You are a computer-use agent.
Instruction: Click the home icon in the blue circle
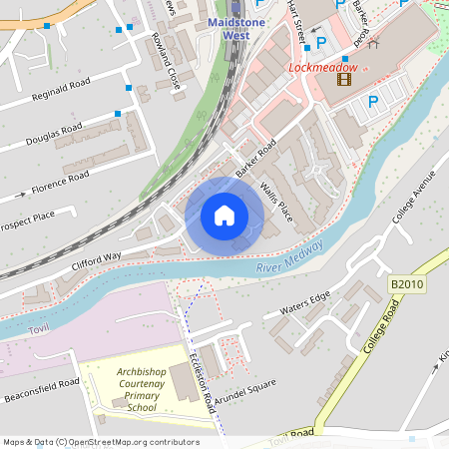coord(224,215)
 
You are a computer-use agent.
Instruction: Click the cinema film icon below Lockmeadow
coord(345,80)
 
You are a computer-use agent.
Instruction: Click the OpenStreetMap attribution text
coord(101,441)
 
